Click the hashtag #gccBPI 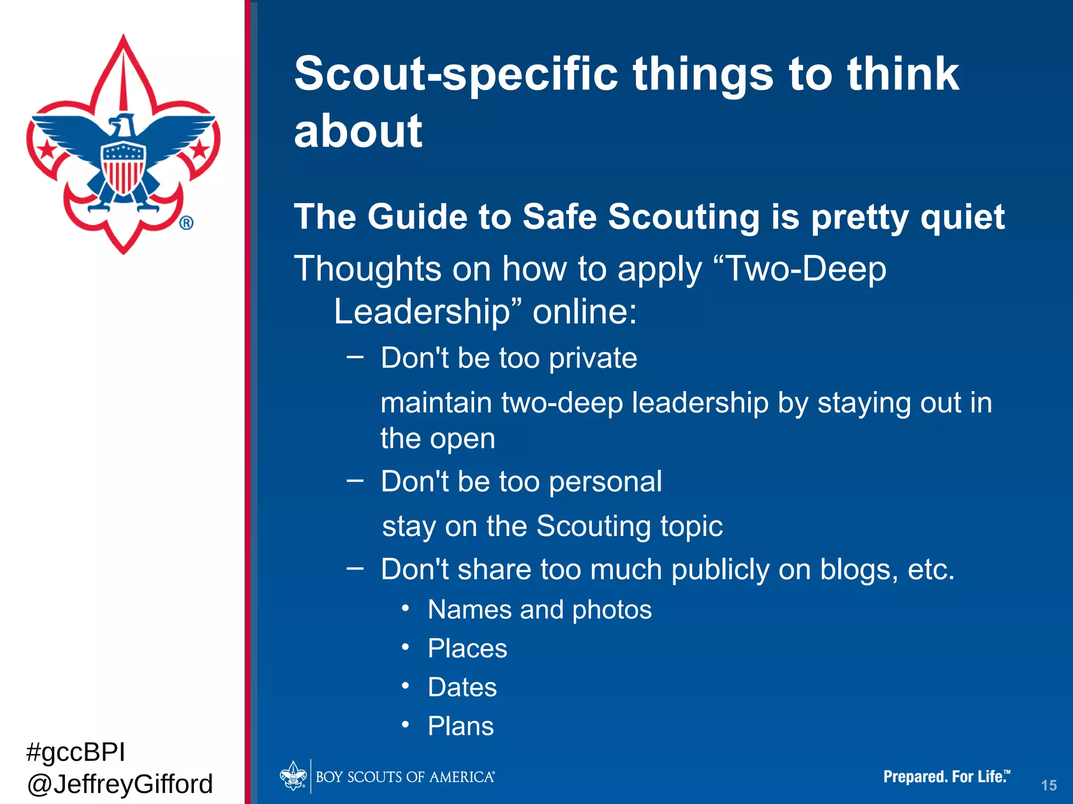(75, 752)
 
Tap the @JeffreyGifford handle (119, 784)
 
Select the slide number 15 (1048, 785)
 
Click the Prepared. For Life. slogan (946, 776)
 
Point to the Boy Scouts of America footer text (404, 777)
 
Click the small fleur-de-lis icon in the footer (293, 776)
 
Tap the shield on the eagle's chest (123, 167)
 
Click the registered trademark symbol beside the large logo (187, 223)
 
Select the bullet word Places (467, 649)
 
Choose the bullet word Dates (462, 687)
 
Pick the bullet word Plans (461, 727)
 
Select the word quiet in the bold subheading (962, 217)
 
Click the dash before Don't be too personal (355, 480)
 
